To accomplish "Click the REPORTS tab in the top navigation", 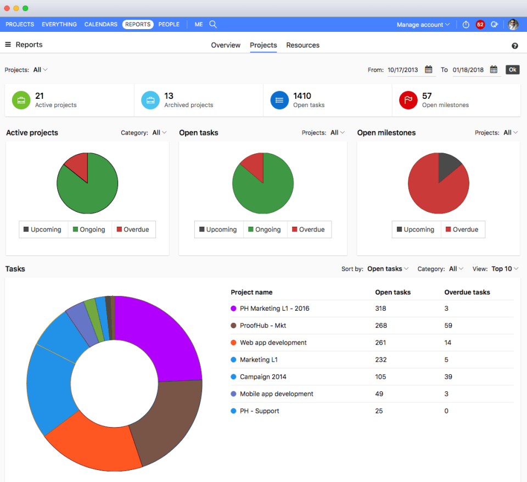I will tap(138, 24).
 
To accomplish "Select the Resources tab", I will tap(302, 45).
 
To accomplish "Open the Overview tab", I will tap(226, 45).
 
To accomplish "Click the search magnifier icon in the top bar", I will tap(213, 24).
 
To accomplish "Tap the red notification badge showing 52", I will tap(480, 25).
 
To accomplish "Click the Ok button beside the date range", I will tap(512, 70).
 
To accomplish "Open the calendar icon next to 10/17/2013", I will tap(428, 70).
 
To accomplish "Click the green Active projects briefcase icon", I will tap(21, 100).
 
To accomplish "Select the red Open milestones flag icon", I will tap(408, 100).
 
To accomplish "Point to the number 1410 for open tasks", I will tap(302, 96).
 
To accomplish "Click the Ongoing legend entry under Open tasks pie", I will tap(265, 229).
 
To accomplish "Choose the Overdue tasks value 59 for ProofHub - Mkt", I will tap(448, 326).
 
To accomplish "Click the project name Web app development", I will tap(273, 343).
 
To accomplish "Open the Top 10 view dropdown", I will tap(504, 269).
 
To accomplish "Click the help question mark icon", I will tap(515, 46).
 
